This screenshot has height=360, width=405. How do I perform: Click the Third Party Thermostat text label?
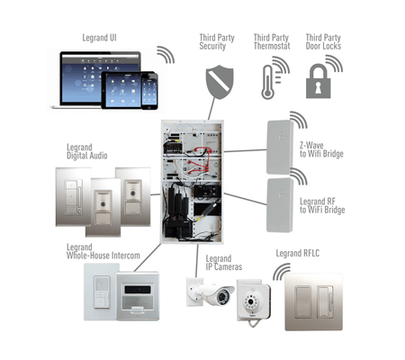(271, 41)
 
